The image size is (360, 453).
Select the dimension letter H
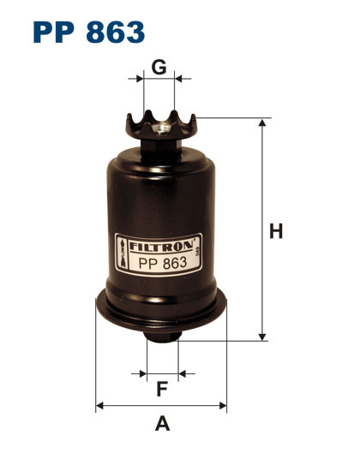(x=275, y=231)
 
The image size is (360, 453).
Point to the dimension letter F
(x=162, y=390)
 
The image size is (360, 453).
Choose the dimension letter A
(x=161, y=422)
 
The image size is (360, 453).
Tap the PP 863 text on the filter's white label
(x=159, y=263)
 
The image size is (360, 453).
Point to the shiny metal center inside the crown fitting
(x=160, y=129)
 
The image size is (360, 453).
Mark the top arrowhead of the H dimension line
(x=261, y=123)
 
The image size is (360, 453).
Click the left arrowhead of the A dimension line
(x=99, y=406)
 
